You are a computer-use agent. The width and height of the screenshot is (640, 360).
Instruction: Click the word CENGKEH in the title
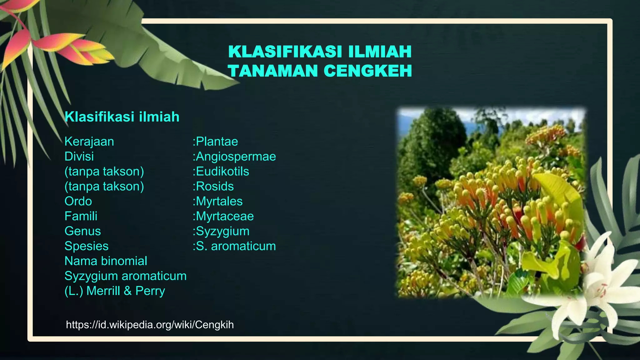[367, 71]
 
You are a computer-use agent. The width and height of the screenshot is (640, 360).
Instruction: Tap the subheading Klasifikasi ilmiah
[122, 117]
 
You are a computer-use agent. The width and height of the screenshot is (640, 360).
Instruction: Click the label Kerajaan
[89, 142]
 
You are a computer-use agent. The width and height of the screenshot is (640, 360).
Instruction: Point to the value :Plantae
[215, 142]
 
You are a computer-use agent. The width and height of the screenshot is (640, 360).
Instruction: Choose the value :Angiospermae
[234, 157]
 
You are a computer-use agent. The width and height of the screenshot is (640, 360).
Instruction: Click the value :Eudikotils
[221, 172]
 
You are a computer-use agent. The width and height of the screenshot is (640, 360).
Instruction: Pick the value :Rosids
[213, 187]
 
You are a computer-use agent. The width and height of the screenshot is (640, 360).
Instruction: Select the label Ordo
[78, 201]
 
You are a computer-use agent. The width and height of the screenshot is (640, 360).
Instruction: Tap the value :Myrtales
[217, 201]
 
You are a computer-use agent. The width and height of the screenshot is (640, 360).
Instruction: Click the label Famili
[81, 216]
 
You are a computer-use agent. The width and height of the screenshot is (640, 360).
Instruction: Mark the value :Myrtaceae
[223, 216]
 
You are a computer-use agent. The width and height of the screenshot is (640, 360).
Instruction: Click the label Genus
[82, 231]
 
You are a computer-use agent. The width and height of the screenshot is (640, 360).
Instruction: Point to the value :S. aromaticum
[234, 246]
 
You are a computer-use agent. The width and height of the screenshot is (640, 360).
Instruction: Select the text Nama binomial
[106, 261]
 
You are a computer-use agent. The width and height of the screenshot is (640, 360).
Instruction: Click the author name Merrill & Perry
[126, 291]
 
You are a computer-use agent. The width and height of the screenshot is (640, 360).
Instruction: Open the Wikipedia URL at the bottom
[150, 325]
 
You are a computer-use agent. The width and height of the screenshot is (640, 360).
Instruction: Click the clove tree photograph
[491, 203]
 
